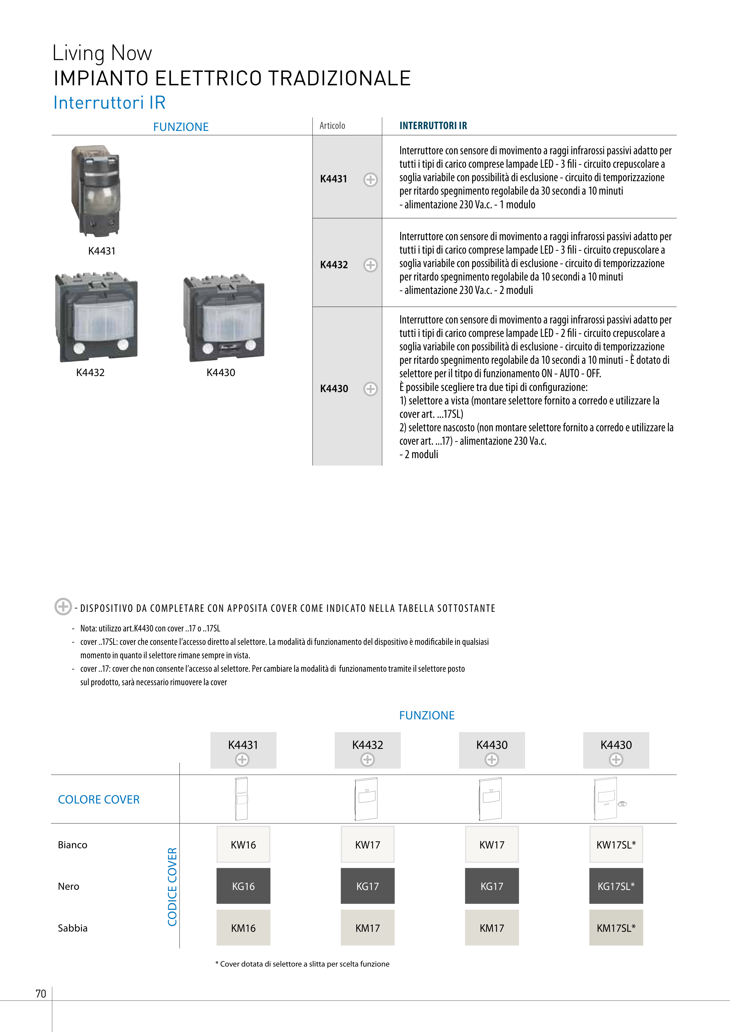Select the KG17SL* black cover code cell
[x=616, y=886]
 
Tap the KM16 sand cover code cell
[x=243, y=928]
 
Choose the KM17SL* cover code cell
[x=616, y=928]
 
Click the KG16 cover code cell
[x=243, y=886]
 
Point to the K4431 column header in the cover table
[x=243, y=750]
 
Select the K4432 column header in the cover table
[x=367, y=750]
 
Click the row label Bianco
[x=73, y=845]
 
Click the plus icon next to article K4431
[x=370, y=179]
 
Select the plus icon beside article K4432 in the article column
[x=370, y=265]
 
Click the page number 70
[x=41, y=993]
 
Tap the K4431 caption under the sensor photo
[x=102, y=251]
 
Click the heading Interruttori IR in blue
[x=109, y=103]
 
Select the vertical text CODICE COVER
[x=172, y=886]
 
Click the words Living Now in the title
[x=102, y=53]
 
